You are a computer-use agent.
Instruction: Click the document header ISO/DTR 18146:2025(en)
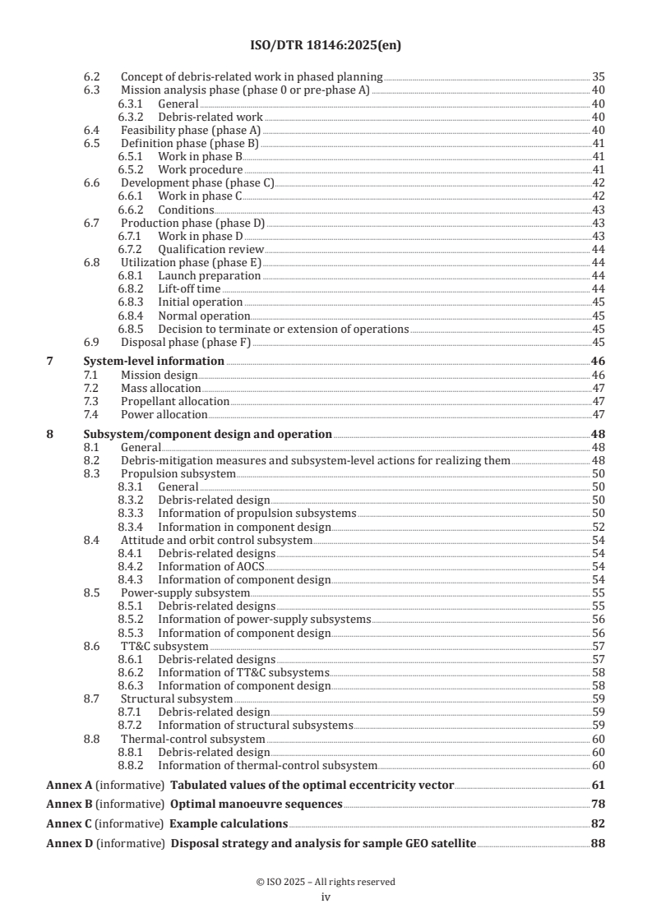click(x=326, y=46)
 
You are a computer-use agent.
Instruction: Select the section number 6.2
click(x=93, y=77)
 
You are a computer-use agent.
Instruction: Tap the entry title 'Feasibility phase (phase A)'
click(x=191, y=130)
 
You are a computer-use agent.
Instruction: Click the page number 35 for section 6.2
click(x=599, y=77)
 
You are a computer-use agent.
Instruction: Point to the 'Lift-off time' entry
click(x=190, y=289)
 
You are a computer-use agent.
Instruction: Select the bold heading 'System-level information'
click(x=154, y=361)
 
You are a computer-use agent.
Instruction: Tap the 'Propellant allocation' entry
click(x=174, y=401)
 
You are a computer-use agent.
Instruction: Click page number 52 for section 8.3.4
click(x=599, y=527)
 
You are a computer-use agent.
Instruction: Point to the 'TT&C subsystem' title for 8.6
click(x=164, y=646)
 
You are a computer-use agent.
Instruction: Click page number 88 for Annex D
click(x=599, y=843)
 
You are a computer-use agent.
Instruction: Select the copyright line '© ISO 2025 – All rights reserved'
click(x=326, y=882)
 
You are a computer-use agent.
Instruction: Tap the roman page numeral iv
click(x=326, y=897)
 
